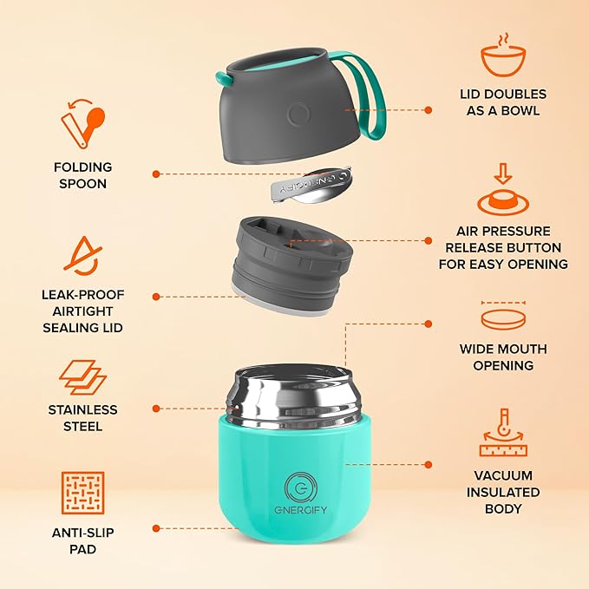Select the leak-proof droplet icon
pos(82,256)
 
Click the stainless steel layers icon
pos(82,378)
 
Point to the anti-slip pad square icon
pos(82,493)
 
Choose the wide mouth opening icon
pos(504,317)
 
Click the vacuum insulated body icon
pos(504,434)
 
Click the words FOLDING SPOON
pos(82,175)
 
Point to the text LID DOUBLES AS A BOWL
pos(504,102)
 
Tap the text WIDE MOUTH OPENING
pos(504,357)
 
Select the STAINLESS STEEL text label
pos(82,418)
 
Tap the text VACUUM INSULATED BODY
pos(504,492)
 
